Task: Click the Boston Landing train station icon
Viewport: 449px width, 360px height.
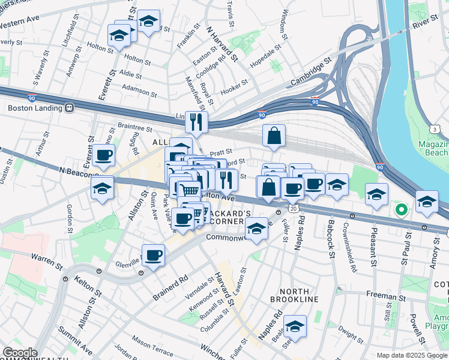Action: coord(70,108)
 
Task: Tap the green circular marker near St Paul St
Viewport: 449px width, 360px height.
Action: coord(401,210)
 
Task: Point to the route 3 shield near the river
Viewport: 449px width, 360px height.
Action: coord(433,129)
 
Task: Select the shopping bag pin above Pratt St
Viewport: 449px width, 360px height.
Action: coord(274,136)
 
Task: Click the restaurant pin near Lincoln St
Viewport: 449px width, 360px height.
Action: coord(196,122)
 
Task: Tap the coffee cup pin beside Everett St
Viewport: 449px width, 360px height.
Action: coord(103,155)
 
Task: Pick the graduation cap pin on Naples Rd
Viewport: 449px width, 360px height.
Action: coord(295,326)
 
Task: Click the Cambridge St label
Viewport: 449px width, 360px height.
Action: coord(312,71)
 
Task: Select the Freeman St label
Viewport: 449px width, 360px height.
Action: coord(384,296)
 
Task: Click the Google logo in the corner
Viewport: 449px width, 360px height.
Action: coord(19,353)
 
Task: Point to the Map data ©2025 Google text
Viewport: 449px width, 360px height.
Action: coord(412,355)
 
